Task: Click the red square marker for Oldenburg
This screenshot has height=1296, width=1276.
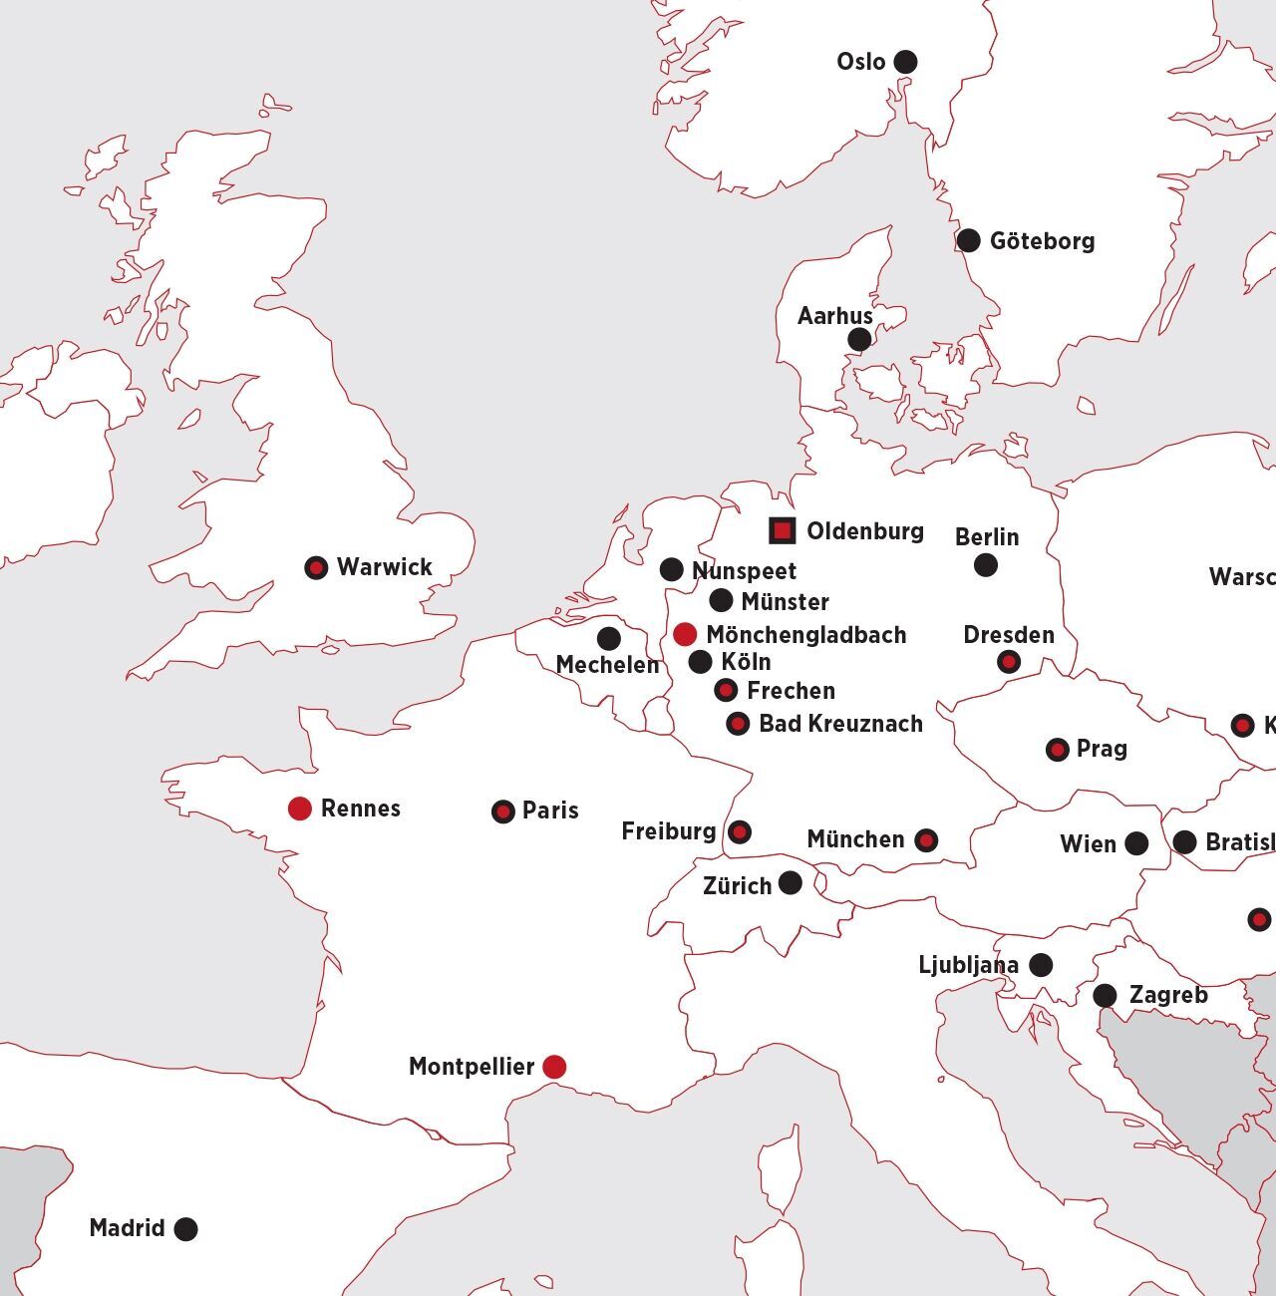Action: point(783,530)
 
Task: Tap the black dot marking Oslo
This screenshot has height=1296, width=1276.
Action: point(905,62)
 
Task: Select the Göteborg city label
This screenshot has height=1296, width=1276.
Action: point(1042,241)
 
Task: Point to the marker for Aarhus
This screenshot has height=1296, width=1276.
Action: point(859,340)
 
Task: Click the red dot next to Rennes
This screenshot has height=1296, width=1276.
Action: point(300,809)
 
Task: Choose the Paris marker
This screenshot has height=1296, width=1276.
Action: point(503,811)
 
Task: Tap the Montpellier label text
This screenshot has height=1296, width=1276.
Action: point(472,1067)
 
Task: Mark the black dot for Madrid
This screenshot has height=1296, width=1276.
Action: point(185,1229)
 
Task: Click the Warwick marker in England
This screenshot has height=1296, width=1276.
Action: point(316,568)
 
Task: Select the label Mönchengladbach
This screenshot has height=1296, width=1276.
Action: point(805,635)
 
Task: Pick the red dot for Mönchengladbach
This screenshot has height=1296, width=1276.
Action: point(685,634)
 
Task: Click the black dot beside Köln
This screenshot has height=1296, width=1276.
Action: point(701,662)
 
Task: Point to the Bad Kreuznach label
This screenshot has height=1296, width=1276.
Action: point(840,724)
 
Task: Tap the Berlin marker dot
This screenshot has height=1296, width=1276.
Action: point(986,565)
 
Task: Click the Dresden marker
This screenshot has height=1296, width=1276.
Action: point(1009,662)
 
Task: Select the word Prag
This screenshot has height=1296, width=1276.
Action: point(1102,749)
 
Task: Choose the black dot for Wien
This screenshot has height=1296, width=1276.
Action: point(1136,844)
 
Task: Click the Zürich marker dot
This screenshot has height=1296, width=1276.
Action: point(791,882)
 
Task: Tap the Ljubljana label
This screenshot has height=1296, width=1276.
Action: point(968,965)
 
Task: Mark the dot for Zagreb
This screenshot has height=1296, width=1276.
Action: point(1105,995)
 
